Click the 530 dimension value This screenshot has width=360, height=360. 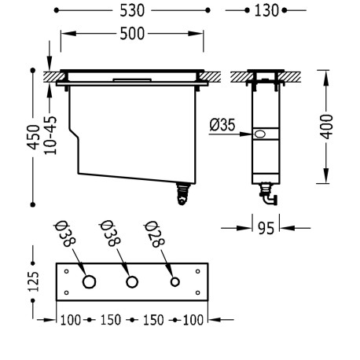(132, 12)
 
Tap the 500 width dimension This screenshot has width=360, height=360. (132, 35)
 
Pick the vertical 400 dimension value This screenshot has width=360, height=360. (327, 126)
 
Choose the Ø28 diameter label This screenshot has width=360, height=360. (154, 234)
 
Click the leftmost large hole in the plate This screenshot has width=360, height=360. (90, 282)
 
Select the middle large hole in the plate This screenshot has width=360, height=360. (132, 282)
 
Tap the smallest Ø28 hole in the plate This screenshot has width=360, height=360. (175, 282)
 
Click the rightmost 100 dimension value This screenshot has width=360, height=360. (194, 320)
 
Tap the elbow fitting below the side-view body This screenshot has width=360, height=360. (267, 191)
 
